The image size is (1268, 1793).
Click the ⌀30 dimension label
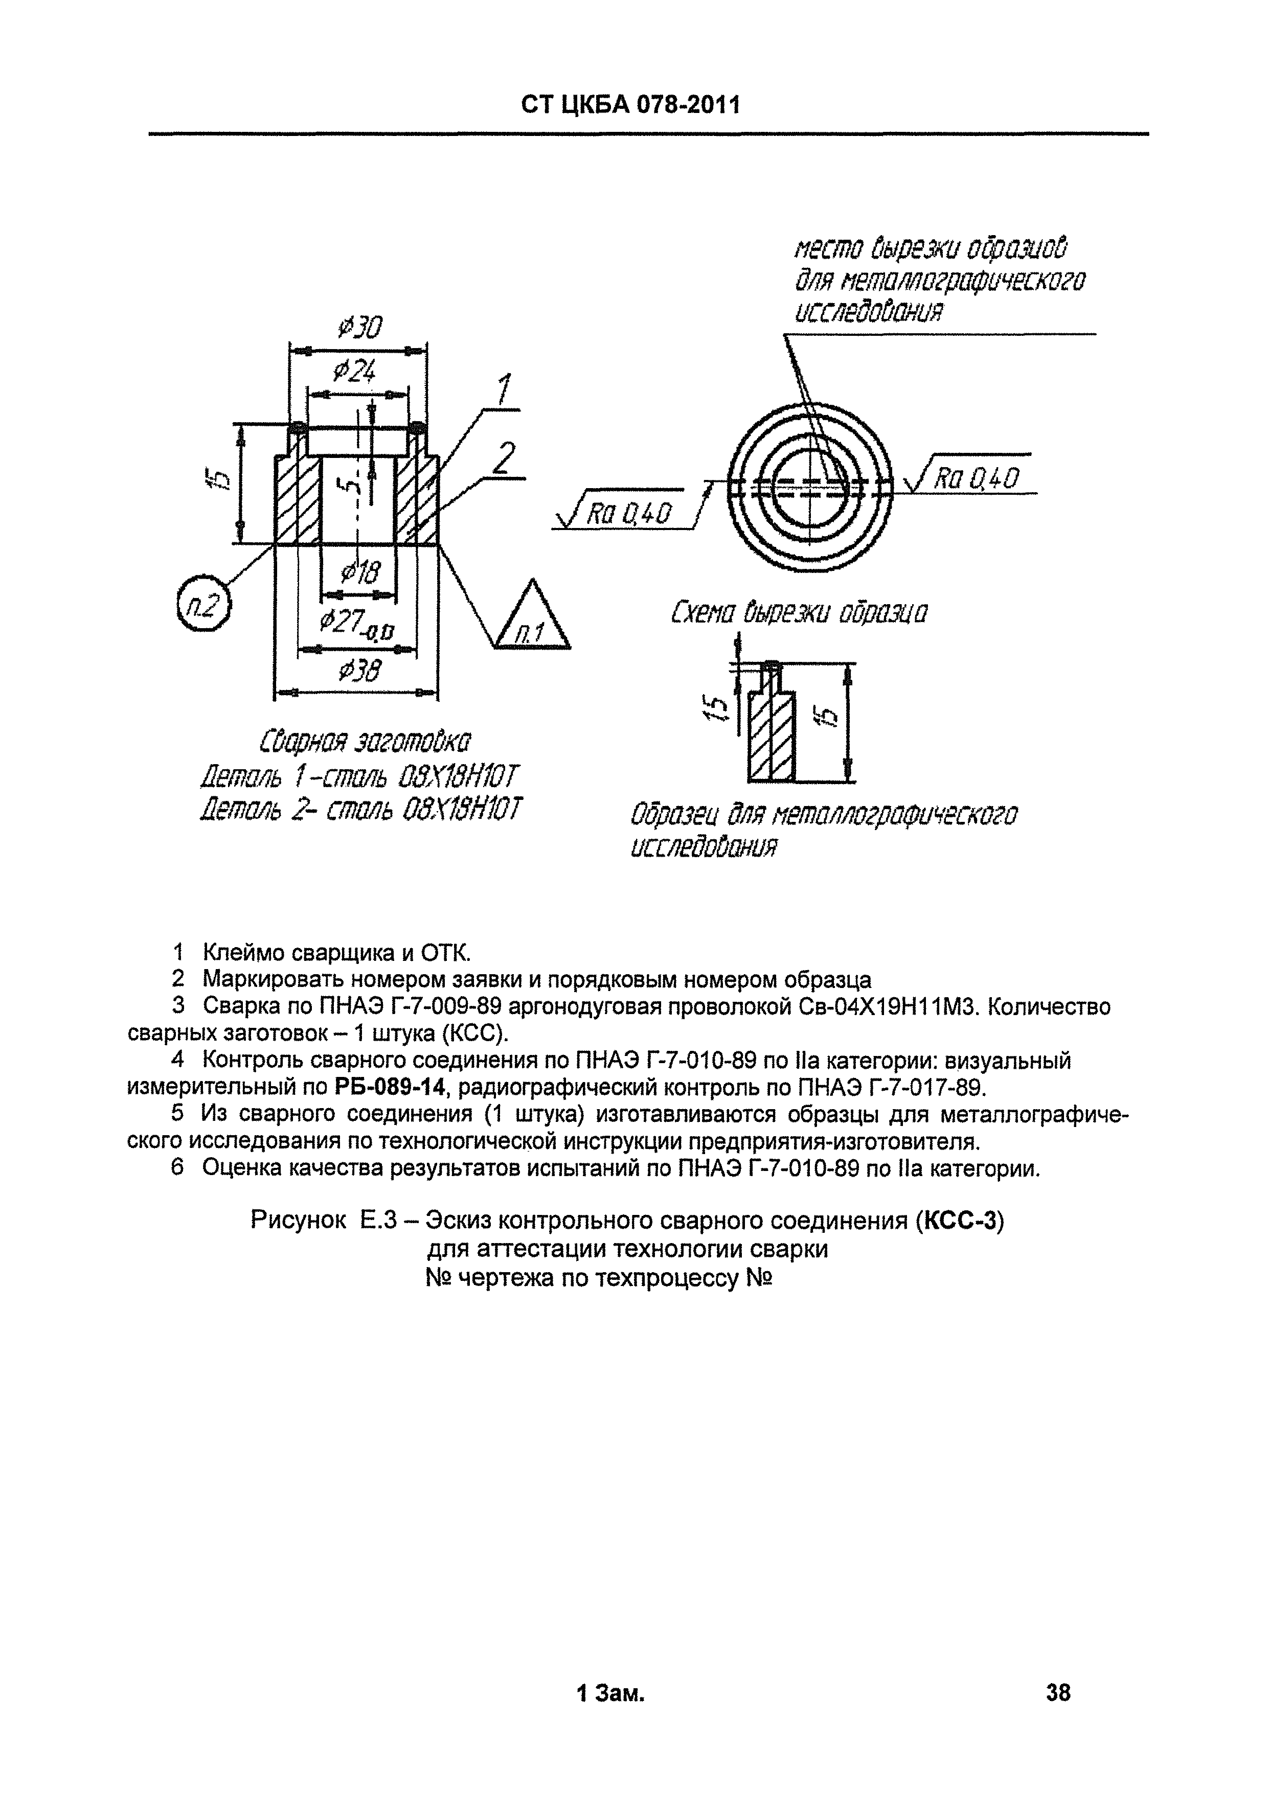(359, 327)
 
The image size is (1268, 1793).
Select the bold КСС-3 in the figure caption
(959, 1220)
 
